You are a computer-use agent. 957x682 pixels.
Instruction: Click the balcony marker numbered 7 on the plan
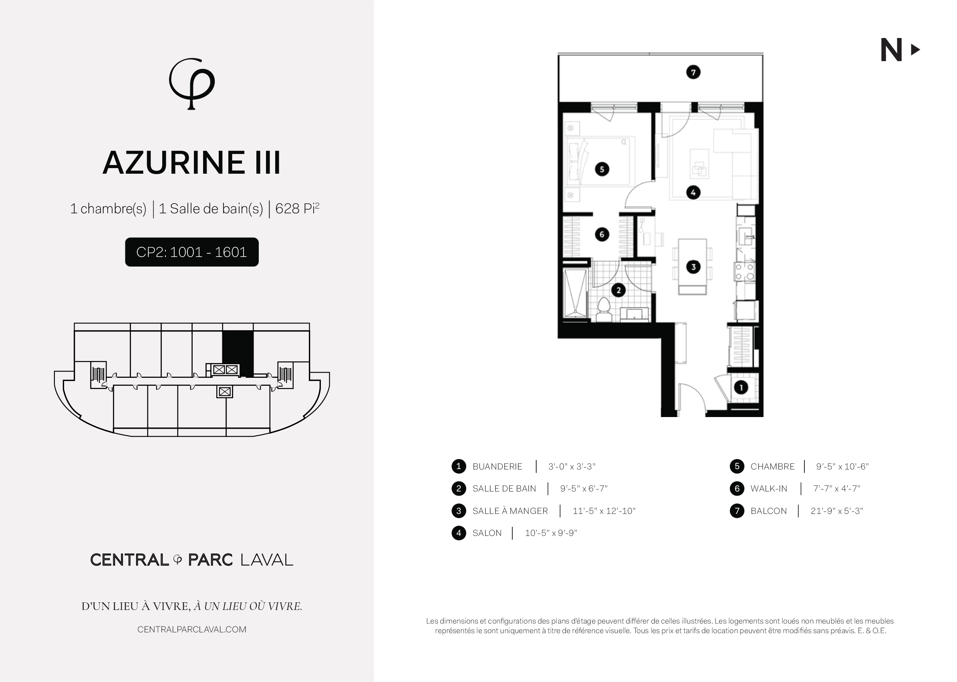click(x=693, y=72)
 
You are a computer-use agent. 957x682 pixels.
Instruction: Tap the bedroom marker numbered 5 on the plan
click(x=602, y=169)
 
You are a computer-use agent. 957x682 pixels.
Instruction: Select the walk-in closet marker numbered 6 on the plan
click(x=602, y=234)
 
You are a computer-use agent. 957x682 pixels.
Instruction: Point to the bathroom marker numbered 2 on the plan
click(x=618, y=290)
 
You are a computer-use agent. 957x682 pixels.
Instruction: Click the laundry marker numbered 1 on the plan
click(x=741, y=387)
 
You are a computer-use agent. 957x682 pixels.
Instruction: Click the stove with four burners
click(x=744, y=271)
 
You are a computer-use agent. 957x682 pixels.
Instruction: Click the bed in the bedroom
click(x=598, y=161)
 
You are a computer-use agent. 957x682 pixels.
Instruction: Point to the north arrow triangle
click(x=915, y=50)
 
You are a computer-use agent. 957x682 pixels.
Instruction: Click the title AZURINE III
click(x=191, y=163)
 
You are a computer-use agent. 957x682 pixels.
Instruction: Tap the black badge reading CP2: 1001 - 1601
click(x=191, y=252)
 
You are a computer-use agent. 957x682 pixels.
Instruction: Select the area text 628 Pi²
click(x=297, y=208)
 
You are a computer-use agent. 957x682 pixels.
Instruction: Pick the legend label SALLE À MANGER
click(x=510, y=511)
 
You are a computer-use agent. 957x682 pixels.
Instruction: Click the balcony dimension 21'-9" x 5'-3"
click(x=836, y=511)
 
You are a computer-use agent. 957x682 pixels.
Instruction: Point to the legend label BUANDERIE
click(x=497, y=467)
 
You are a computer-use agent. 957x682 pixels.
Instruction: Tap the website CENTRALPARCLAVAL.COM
click(x=191, y=630)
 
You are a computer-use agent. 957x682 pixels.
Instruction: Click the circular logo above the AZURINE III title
click(x=191, y=84)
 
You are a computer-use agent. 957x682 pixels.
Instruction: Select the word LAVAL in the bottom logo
click(x=266, y=560)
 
